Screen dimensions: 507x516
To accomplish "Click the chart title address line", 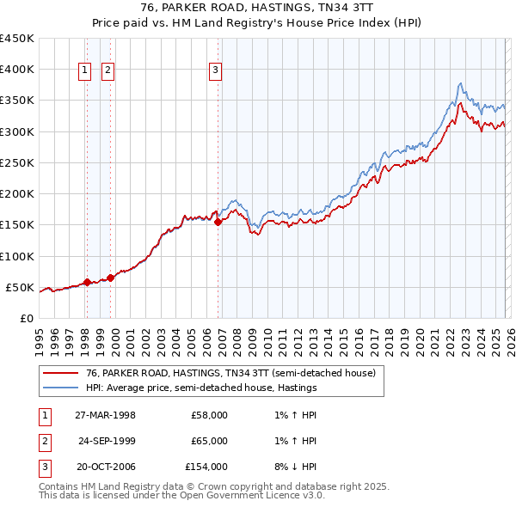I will coord(258,8).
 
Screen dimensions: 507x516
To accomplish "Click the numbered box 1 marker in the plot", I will coord(86,71).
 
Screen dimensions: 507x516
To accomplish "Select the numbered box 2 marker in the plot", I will coord(108,71).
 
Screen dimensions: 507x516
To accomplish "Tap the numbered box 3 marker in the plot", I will coord(215,71).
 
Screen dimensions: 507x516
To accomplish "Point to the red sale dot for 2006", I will coord(218,222).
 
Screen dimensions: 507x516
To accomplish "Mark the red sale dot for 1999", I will coord(110,278).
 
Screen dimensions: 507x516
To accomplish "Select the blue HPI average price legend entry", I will coord(201,388).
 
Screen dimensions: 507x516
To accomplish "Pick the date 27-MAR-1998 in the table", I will coord(105,416).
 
